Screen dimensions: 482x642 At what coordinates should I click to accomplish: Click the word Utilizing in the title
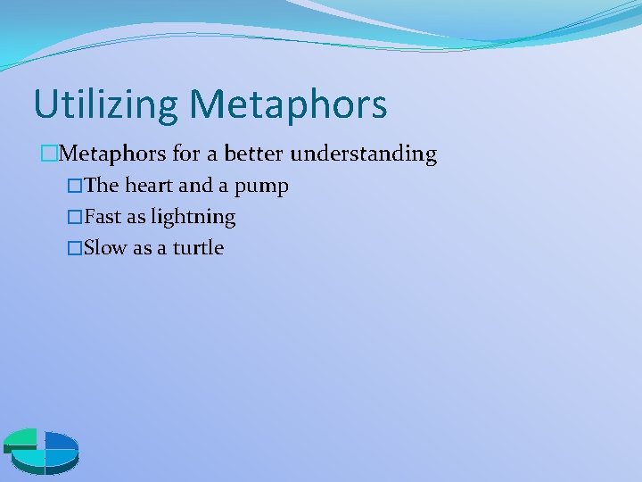105,104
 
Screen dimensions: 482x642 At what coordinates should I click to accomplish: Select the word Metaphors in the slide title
287,104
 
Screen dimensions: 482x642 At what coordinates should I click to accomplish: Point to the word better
254,154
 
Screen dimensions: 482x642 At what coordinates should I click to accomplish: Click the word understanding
364,154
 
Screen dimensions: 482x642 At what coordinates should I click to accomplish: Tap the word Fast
102,217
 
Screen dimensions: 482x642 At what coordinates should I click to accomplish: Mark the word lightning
193,218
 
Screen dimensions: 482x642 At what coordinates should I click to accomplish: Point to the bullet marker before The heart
74,187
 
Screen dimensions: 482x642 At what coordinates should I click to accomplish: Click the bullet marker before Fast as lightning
74,218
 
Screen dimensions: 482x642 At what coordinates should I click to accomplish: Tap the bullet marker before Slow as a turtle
74,249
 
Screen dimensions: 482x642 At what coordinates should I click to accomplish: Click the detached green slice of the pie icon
20,438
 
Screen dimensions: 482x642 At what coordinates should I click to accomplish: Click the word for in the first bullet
186,154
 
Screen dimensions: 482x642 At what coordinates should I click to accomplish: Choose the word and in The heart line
196,186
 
